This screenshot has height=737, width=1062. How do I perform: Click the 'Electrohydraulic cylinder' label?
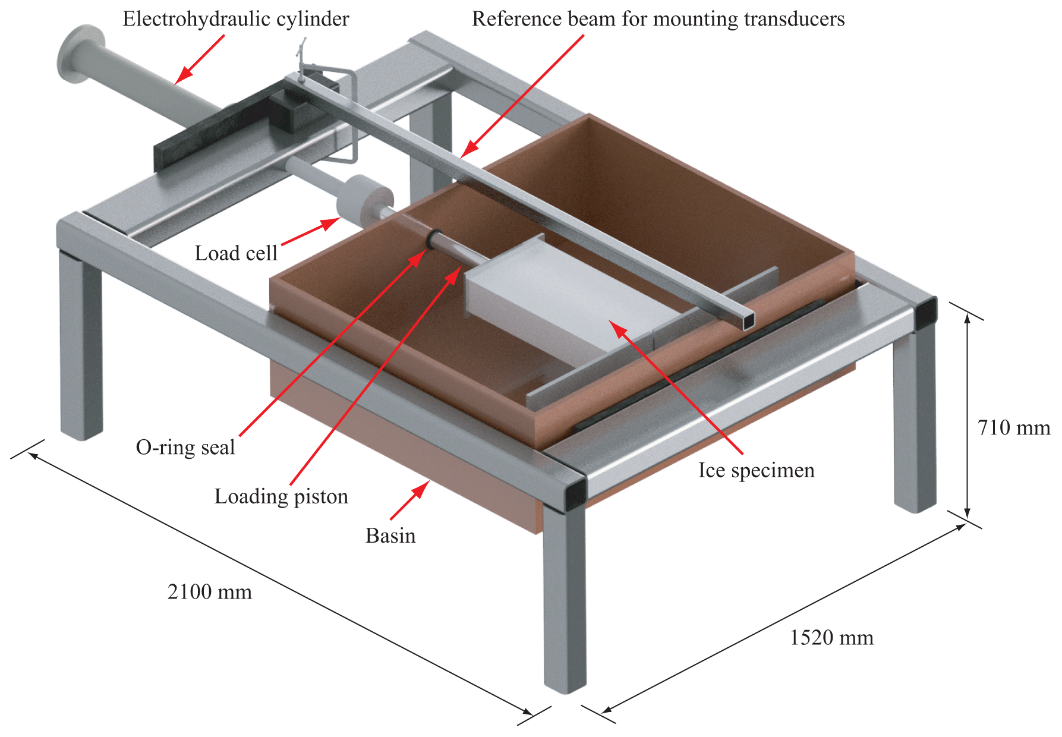click(x=235, y=19)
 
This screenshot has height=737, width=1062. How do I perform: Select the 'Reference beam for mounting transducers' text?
click(x=658, y=19)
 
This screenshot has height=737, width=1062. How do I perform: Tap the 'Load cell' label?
click(x=236, y=253)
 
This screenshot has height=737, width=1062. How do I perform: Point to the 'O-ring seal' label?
click(x=185, y=447)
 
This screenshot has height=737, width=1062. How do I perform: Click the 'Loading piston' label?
click(x=281, y=496)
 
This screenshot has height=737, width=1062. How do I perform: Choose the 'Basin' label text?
click(x=390, y=536)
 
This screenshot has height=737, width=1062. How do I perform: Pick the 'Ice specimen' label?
click(x=756, y=470)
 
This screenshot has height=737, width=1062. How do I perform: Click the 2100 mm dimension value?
click(x=210, y=592)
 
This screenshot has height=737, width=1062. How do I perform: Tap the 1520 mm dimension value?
click(x=831, y=638)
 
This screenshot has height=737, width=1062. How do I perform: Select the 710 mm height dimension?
click(x=1014, y=427)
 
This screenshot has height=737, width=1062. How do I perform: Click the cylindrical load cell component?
click(x=364, y=197)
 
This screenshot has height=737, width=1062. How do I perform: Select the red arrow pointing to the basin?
click(x=409, y=500)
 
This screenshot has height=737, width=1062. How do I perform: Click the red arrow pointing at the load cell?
click(x=310, y=231)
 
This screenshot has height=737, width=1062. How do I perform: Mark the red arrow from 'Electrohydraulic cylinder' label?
click(x=200, y=58)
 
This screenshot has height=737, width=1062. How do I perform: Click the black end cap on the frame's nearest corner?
click(x=575, y=495)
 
